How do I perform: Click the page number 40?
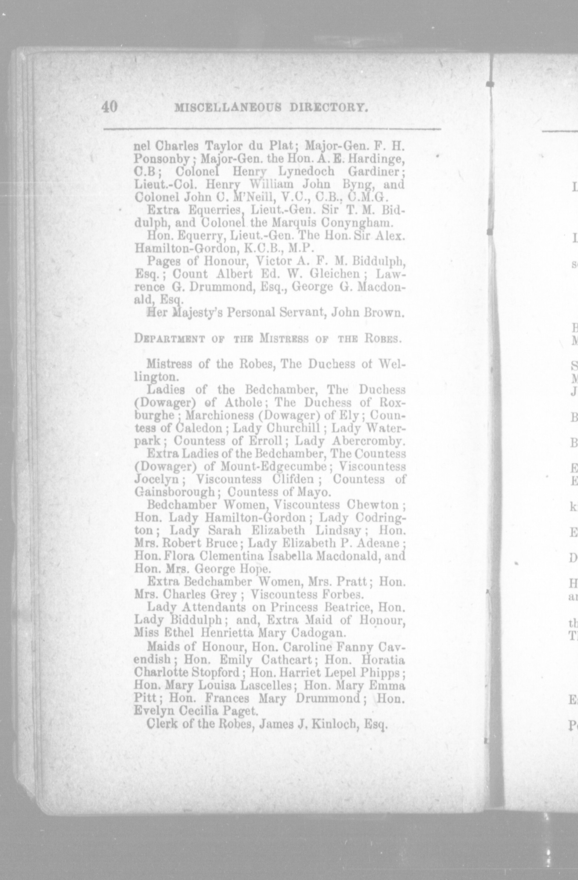[x=109, y=107]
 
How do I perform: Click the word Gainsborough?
[x=175, y=492]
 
